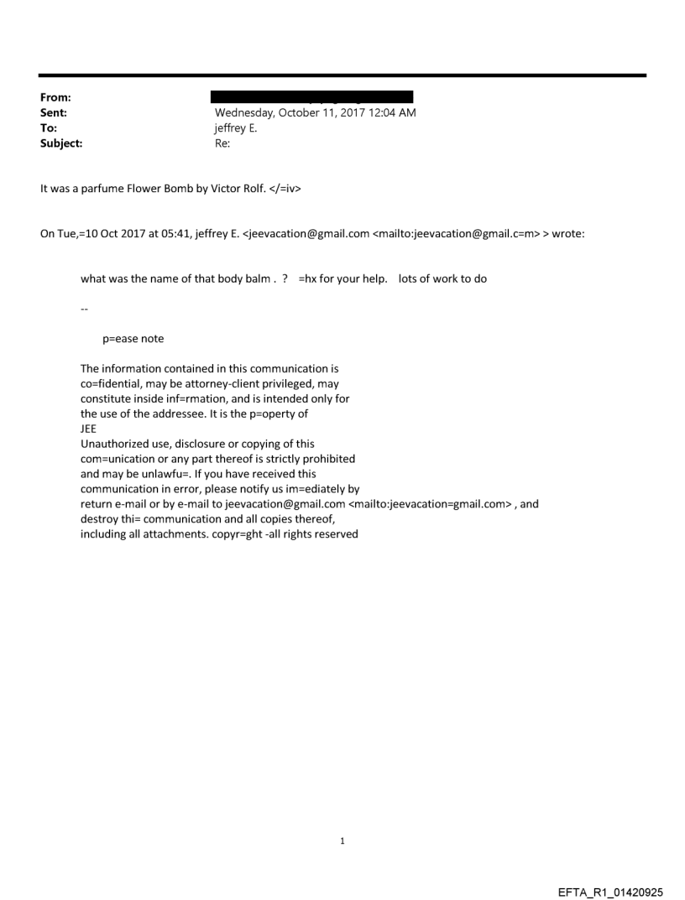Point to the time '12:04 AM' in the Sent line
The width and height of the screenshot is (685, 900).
[x=394, y=113]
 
